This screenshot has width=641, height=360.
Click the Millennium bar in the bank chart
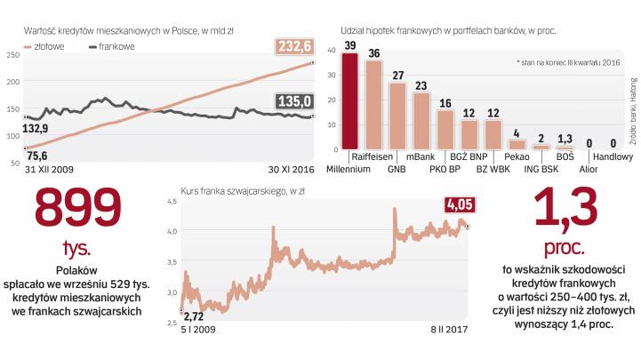tap(350, 100)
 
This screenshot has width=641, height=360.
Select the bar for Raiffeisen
tap(373, 104)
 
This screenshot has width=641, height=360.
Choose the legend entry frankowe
tap(114, 47)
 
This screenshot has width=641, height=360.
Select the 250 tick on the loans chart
tap(12, 55)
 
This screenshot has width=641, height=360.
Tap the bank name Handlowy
tap(613, 156)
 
